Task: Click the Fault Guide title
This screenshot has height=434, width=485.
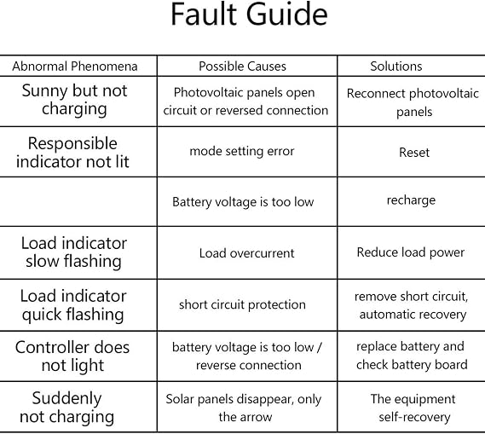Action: [x=249, y=14]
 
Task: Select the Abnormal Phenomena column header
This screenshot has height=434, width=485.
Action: [x=75, y=67]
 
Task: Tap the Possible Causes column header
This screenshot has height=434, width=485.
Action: [x=242, y=67]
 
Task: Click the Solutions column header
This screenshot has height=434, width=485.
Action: [x=396, y=67]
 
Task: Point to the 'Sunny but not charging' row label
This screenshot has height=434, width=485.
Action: [x=74, y=100]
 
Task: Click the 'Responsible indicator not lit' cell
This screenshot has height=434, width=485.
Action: [x=72, y=153]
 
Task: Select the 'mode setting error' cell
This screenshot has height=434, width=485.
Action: [x=242, y=151]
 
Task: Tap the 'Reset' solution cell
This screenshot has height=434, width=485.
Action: [x=414, y=152]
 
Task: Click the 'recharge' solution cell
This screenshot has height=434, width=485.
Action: [x=411, y=200]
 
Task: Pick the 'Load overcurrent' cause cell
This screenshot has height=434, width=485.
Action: [x=246, y=253]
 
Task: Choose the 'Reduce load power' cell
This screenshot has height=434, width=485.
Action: [x=411, y=252]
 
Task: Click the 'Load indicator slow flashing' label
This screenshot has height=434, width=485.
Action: [x=74, y=252]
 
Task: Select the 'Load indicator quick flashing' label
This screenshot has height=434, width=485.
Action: [x=73, y=305]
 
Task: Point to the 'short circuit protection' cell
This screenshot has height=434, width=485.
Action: [x=242, y=304]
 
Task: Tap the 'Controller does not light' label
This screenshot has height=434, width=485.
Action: [x=72, y=356]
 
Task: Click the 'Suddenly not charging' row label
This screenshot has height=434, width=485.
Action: [x=66, y=408]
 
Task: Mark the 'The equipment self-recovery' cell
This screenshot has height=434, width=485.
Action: [x=413, y=408]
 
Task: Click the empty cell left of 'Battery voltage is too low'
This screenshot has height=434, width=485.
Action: [x=78, y=202]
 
